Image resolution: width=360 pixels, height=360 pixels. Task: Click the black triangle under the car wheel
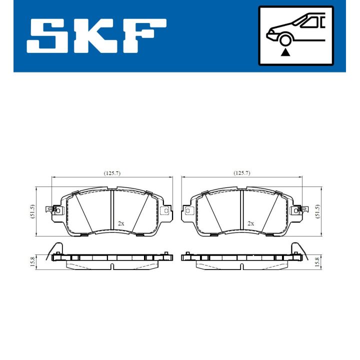(x=285, y=51)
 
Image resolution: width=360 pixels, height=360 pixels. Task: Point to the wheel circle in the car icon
(x=285, y=40)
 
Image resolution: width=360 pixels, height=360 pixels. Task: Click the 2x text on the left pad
(x=120, y=223)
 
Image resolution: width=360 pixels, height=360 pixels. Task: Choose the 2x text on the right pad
(x=250, y=223)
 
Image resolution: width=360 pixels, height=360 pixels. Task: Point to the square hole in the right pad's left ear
(x=189, y=211)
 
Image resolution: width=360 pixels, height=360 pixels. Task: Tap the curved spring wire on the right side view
(x=298, y=248)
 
